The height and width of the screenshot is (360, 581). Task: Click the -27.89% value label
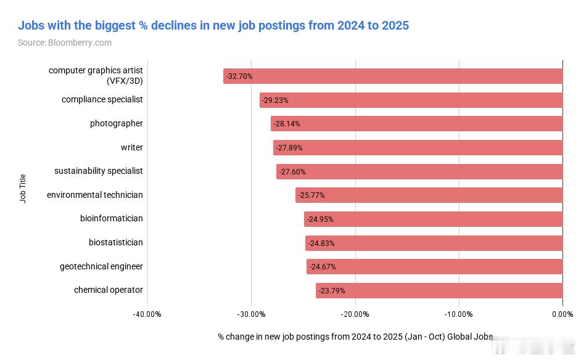(x=289, y=148)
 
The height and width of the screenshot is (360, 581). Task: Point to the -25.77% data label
(x=311, y=195)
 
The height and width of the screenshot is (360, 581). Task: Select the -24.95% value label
(x=320, y=219)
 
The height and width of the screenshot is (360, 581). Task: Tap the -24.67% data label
(x=323, y=267)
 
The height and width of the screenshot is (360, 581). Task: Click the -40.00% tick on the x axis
(x=147, y=314)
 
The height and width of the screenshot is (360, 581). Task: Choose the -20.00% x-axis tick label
(x=355, y=314)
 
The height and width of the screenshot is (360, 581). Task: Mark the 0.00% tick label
(x=562, y=314)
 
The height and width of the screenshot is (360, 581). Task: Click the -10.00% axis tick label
(x=459, y=314)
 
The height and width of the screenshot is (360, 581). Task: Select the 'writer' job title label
(x=132, y=147)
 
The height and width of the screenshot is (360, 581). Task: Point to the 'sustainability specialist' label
(x=99, y=171)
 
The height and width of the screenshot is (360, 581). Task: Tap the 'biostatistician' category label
(x=116, y=242)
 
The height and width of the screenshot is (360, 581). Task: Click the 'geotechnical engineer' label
(x=101, y=266)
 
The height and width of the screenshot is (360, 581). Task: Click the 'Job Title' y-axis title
(x=23, y=189)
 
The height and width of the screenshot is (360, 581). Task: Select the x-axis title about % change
(x=355, y=337)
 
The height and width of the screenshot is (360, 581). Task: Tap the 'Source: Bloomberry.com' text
(x=65, y=43)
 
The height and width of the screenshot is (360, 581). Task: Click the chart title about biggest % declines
(x=213, y=25)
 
